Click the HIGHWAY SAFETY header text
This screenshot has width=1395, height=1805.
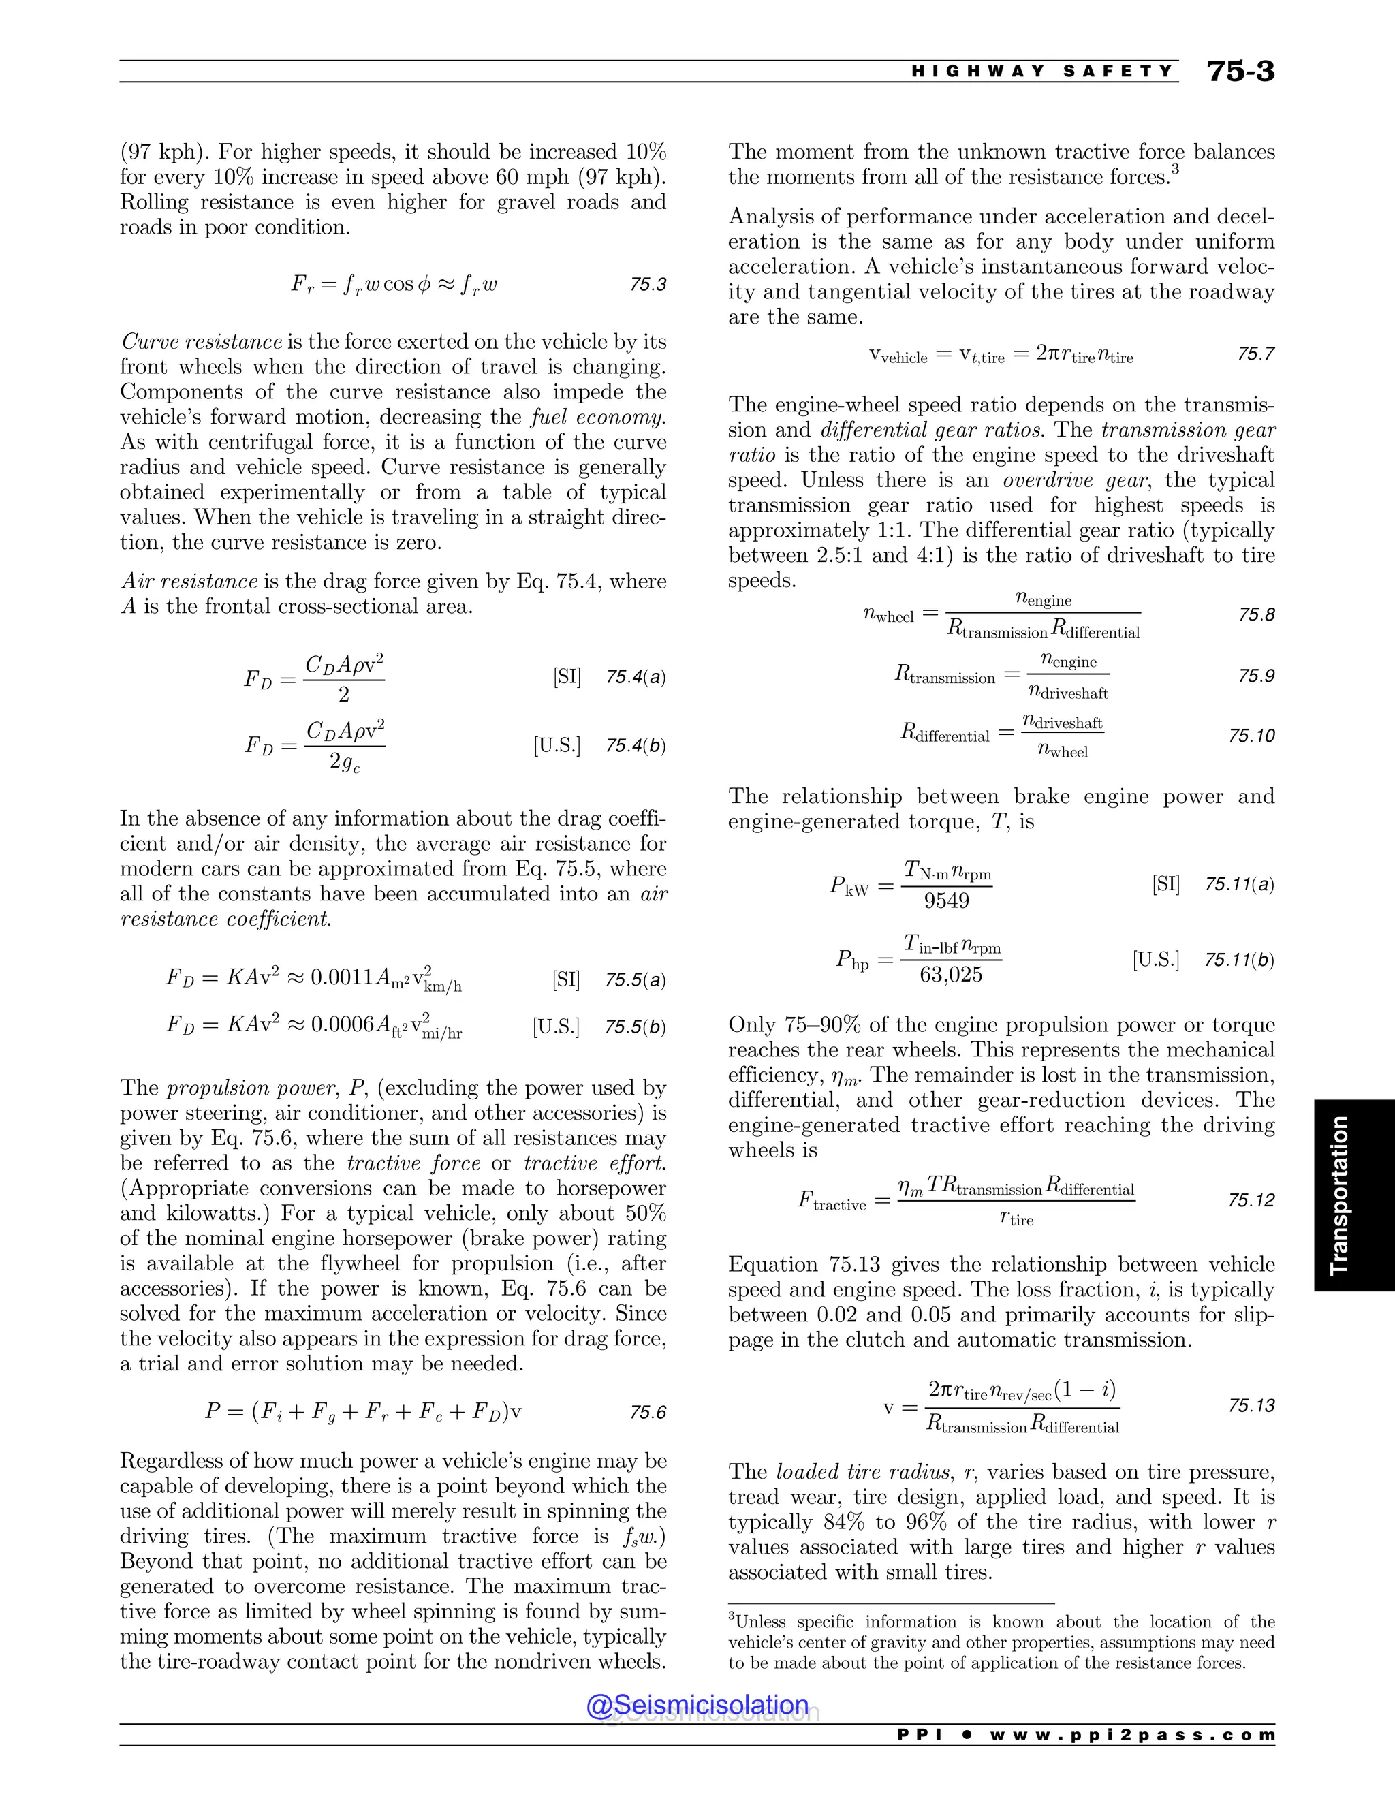[x=1042, y=72]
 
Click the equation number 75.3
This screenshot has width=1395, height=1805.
[x=647, y=284]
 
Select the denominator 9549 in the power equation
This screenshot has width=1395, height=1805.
[x=946, y=900]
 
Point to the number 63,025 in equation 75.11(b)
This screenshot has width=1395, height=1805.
[x=950, y=975]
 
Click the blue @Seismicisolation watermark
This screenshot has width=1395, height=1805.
[x=697, y=1705]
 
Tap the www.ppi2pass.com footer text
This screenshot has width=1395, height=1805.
[x=1131, y=1734]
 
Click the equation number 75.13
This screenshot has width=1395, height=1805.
[x=1251, y=1406]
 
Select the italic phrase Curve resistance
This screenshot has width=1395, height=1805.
[x=202, y=342]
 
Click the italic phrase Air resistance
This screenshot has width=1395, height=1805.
[x=189, y=582]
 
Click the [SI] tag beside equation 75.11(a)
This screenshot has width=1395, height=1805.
[x=1165, y=883]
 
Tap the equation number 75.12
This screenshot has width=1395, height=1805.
[x=1251, y=1200]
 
